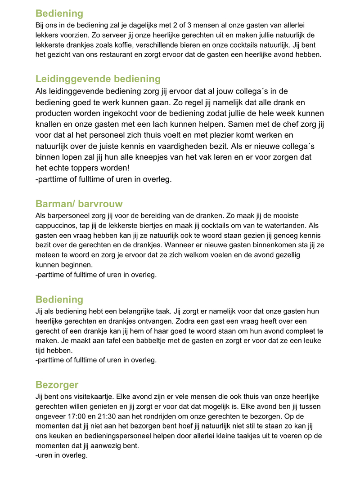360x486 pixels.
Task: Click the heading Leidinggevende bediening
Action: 98,79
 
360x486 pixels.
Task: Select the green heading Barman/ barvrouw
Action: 79,204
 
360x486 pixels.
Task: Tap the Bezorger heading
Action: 57,385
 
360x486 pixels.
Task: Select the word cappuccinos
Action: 58,225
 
